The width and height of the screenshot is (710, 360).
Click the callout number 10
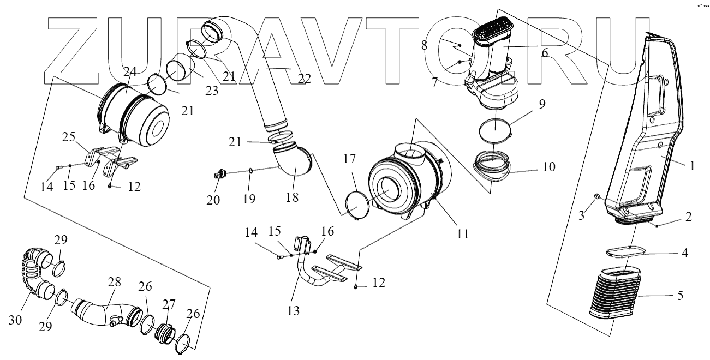pos(548,167)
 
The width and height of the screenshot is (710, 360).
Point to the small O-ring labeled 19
pos(250,171)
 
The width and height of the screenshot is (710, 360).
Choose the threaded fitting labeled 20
pos(221,175)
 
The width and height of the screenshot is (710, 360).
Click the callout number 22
pos(304,79)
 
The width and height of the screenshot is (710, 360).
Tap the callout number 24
pos(129,71)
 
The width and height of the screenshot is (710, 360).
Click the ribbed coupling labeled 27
pos(163,331)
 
